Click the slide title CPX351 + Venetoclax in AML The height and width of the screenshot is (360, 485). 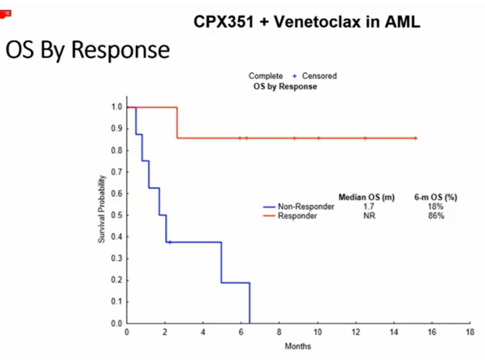307,22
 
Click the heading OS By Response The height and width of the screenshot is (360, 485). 87,50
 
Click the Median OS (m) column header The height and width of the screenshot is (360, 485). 366,197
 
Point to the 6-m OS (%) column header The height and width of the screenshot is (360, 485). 435,197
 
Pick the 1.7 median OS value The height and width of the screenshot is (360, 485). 369,207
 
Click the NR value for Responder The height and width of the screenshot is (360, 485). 369,216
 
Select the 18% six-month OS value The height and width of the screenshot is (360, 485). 435,207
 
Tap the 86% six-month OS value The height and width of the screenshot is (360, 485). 435,216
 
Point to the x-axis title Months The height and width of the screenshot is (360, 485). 299,346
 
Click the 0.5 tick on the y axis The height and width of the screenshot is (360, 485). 116,215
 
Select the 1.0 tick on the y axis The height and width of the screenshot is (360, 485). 116,107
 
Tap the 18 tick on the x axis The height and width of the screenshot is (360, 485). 470,332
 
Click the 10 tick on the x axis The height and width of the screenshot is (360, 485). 318,332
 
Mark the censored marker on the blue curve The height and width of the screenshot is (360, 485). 170,242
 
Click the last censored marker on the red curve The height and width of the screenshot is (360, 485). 415,138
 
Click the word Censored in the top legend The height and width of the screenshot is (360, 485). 319,76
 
